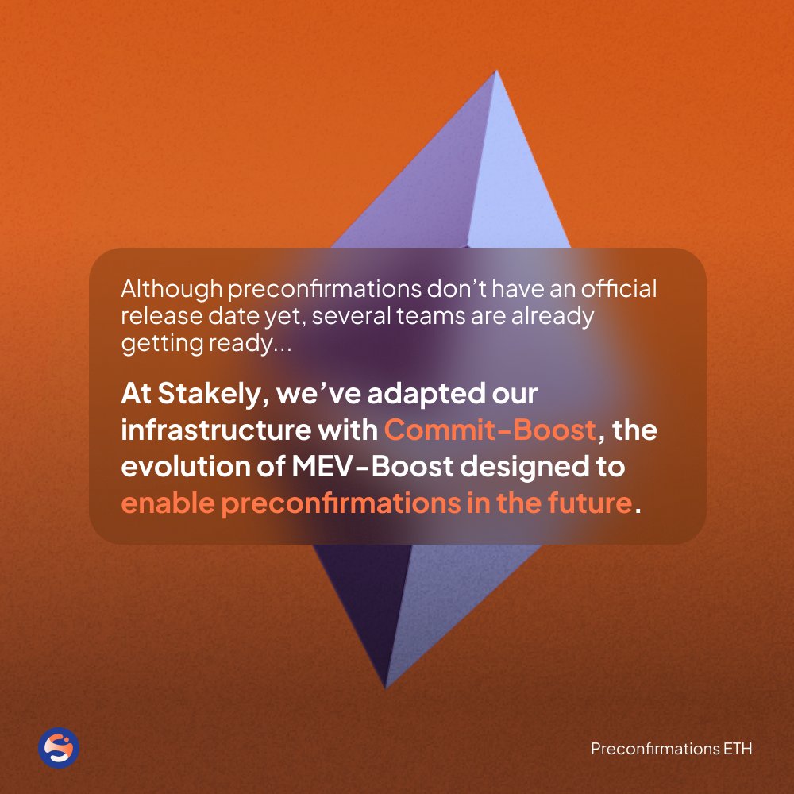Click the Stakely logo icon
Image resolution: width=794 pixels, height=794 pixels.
(x=59, y=747)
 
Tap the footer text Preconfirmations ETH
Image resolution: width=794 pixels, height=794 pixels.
(x=671, y=749)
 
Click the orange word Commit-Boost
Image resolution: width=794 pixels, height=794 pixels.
(x=490, y=430)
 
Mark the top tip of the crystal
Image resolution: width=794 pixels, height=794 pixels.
(x=495, y=71)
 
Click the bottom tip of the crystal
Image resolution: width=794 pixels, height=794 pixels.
(x=386, y=688)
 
